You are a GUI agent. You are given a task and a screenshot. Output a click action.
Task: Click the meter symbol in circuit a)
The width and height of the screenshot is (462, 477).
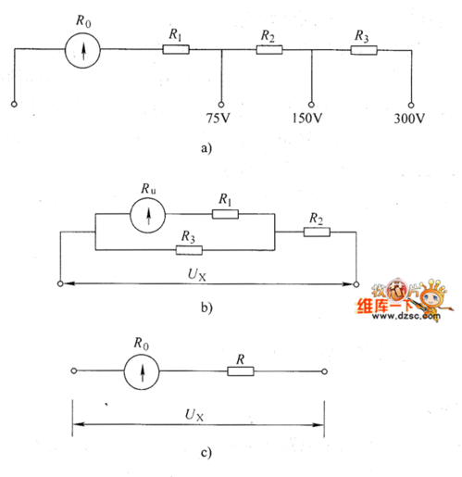coord(82,51)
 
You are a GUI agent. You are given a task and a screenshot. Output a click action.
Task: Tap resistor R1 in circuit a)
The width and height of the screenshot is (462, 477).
coord(176,49)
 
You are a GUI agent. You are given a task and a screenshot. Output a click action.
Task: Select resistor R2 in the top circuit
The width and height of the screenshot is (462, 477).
coord(269,50)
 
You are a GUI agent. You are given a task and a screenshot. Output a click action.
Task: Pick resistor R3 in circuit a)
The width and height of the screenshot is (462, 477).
coord(364,50)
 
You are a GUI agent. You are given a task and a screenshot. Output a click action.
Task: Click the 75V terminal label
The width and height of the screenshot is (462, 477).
coord(219,118)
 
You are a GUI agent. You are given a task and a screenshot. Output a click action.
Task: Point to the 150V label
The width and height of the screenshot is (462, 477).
coord(307,118)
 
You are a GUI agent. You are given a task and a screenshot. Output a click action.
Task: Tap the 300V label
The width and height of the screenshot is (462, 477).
coord(409,119)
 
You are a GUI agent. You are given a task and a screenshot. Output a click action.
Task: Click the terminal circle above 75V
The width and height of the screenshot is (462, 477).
coord(221,105)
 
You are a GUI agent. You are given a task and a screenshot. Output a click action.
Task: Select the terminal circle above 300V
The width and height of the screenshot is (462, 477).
coord(411,106)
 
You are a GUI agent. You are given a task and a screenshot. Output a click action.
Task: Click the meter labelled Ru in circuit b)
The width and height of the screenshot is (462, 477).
coord(147,215)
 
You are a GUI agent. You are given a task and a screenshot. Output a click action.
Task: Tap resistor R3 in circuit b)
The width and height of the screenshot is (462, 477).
coord(189,250)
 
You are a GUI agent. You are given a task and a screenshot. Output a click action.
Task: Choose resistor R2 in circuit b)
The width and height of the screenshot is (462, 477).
coord(317,232)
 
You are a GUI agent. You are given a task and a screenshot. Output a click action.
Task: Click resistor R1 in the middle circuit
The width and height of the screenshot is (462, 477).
coord(225,214)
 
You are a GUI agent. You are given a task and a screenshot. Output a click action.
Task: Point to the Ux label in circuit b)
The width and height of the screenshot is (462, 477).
coord(196,274)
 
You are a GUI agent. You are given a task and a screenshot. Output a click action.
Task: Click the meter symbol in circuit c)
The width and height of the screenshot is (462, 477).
coord(142,371)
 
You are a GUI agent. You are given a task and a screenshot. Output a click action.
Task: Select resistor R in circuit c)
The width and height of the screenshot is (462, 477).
coord(241,371)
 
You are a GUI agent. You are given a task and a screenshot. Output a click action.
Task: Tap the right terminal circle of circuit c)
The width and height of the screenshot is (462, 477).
coord(324,371)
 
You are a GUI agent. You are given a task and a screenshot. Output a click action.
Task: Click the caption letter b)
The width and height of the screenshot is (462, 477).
coord(206,308)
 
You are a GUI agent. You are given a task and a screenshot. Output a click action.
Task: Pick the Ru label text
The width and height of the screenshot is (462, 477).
coord(148,189)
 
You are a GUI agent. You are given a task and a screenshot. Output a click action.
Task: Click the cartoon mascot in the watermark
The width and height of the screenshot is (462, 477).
coord(432,298)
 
